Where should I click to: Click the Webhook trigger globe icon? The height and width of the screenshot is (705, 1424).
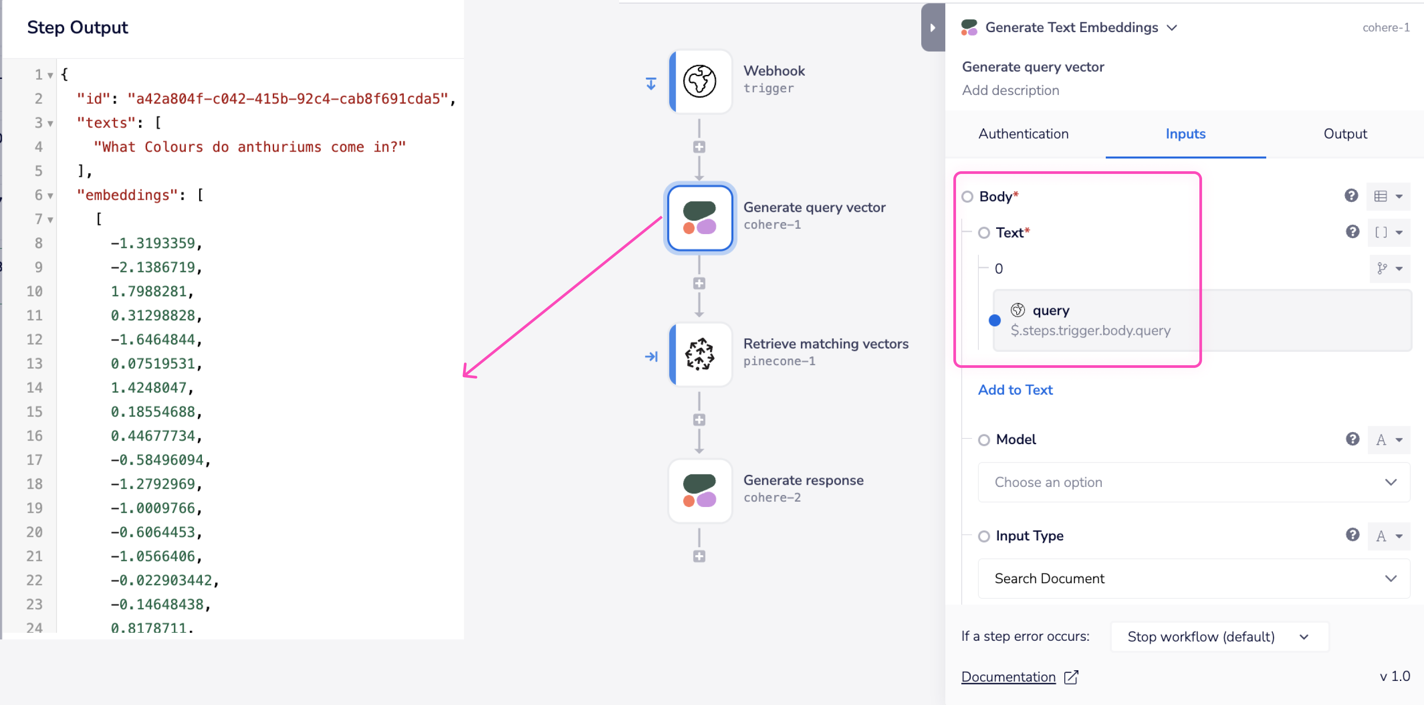[699, 81]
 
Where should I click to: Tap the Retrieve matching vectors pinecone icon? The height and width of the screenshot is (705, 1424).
[699, 354]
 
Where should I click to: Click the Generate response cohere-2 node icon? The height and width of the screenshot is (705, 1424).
[699, 491]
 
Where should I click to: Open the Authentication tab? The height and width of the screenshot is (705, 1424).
[1023, 134]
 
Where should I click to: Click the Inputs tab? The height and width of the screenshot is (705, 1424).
[1185, 134]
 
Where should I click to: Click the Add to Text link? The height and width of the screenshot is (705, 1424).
[1015, 390]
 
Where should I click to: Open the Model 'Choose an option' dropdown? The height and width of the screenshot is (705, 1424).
[1193, 482]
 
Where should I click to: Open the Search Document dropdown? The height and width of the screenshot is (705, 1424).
[1193, 578]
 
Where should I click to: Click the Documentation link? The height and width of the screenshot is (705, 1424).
[1008, 677]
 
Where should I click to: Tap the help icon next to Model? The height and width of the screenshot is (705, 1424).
[1352, 440]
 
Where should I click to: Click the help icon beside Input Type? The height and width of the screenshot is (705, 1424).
[1352, 535]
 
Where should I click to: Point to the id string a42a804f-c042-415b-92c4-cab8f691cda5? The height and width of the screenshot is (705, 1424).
[287, 99]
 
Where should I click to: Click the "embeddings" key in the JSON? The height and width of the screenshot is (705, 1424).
[131, 195]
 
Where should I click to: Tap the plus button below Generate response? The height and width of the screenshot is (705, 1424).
[699, 556]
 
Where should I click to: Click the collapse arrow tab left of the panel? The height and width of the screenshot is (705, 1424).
[932, 28]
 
